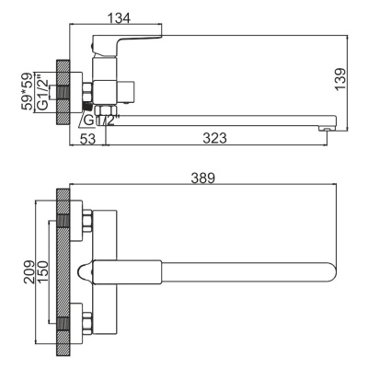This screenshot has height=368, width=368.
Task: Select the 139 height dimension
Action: (342, 80)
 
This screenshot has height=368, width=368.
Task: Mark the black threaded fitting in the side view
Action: (86, 108)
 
